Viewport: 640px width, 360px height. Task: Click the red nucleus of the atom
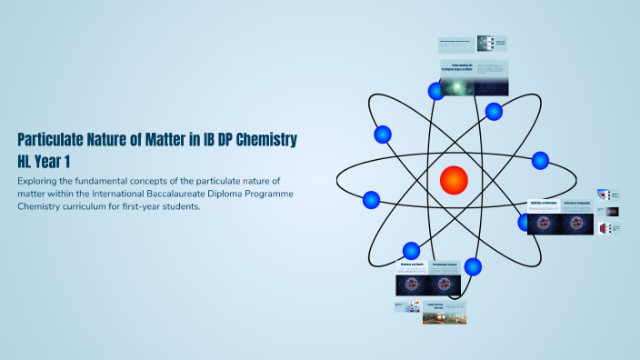pyautogui.click(x=453, y=180)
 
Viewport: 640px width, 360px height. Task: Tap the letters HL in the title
pyautogui.click(x=27, y=162)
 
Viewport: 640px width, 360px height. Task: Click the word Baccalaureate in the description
pyautogui.click(x=195, y=195)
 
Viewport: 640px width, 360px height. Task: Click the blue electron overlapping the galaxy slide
pyautogui.click(x=435, y=90)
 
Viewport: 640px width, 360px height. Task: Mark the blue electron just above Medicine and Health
pyautogui.click(x=411, y=250)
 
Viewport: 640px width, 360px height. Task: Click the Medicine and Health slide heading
pyautogui.click(x=413, y=265)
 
